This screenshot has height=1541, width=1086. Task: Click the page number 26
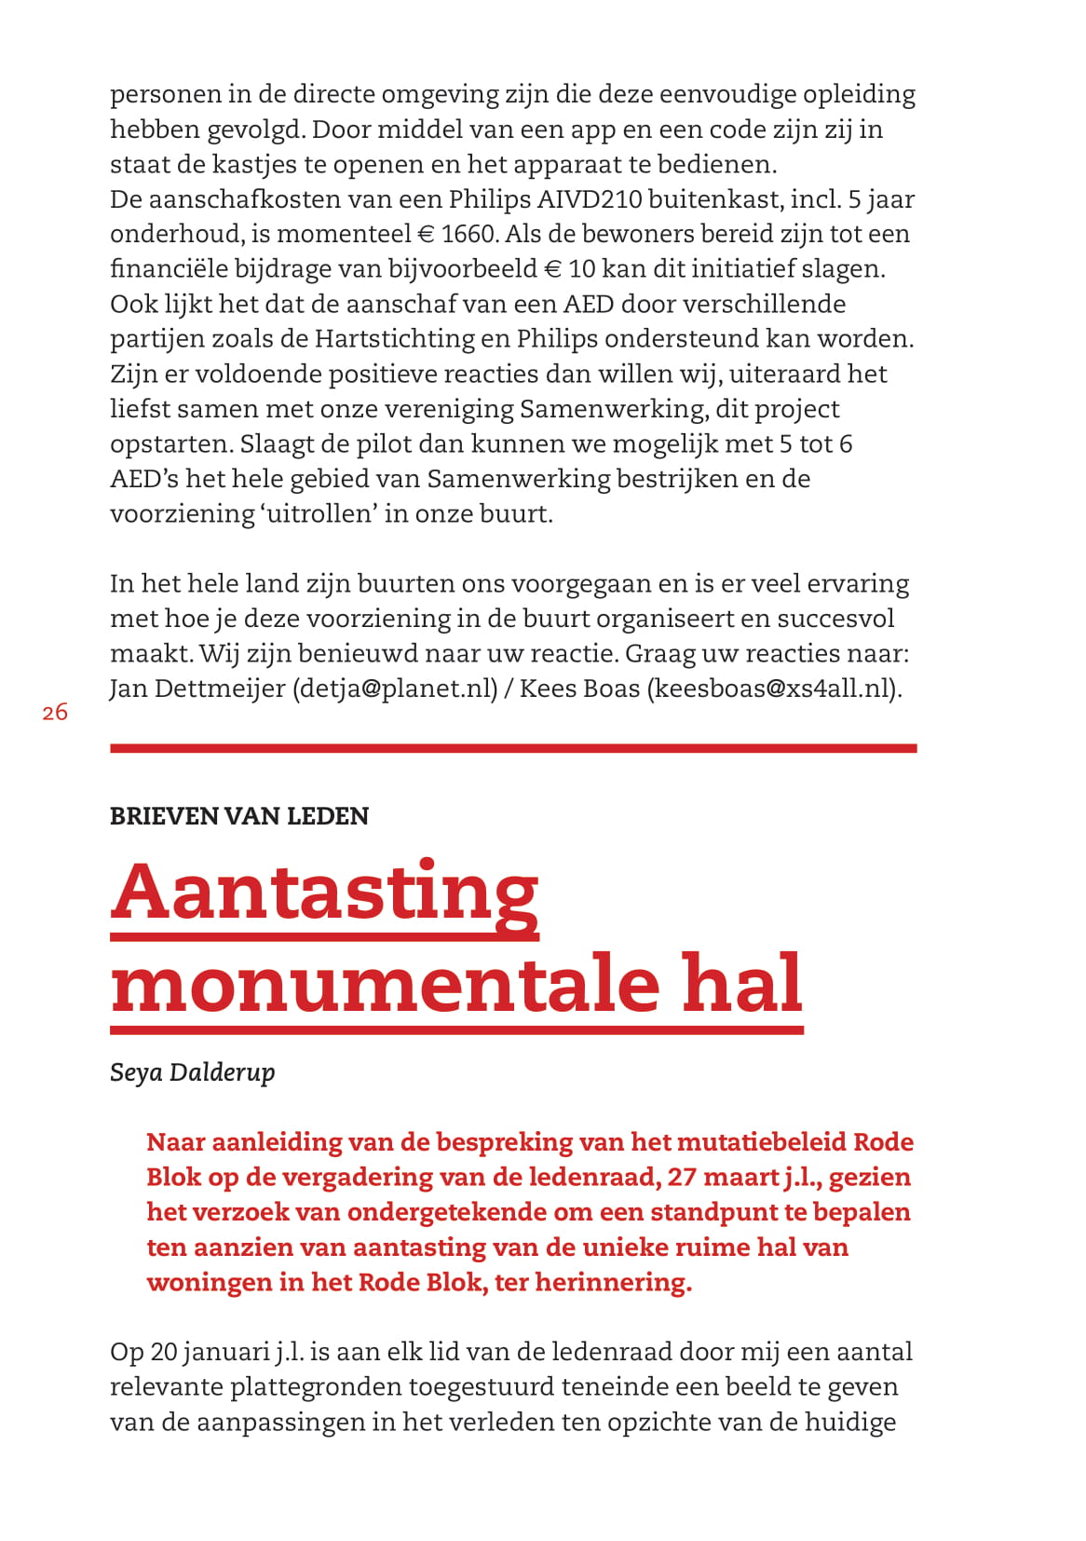pos(55,713)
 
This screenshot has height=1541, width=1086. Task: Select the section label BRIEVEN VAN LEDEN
pos(239,816)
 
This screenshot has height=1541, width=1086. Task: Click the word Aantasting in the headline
pos(325,893)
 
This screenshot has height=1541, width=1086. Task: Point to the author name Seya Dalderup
pos(193,1072)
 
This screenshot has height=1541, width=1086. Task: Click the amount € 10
pos(570,269)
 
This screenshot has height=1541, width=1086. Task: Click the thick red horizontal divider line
pos(513,748)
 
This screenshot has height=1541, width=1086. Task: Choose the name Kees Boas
pos(579,689)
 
